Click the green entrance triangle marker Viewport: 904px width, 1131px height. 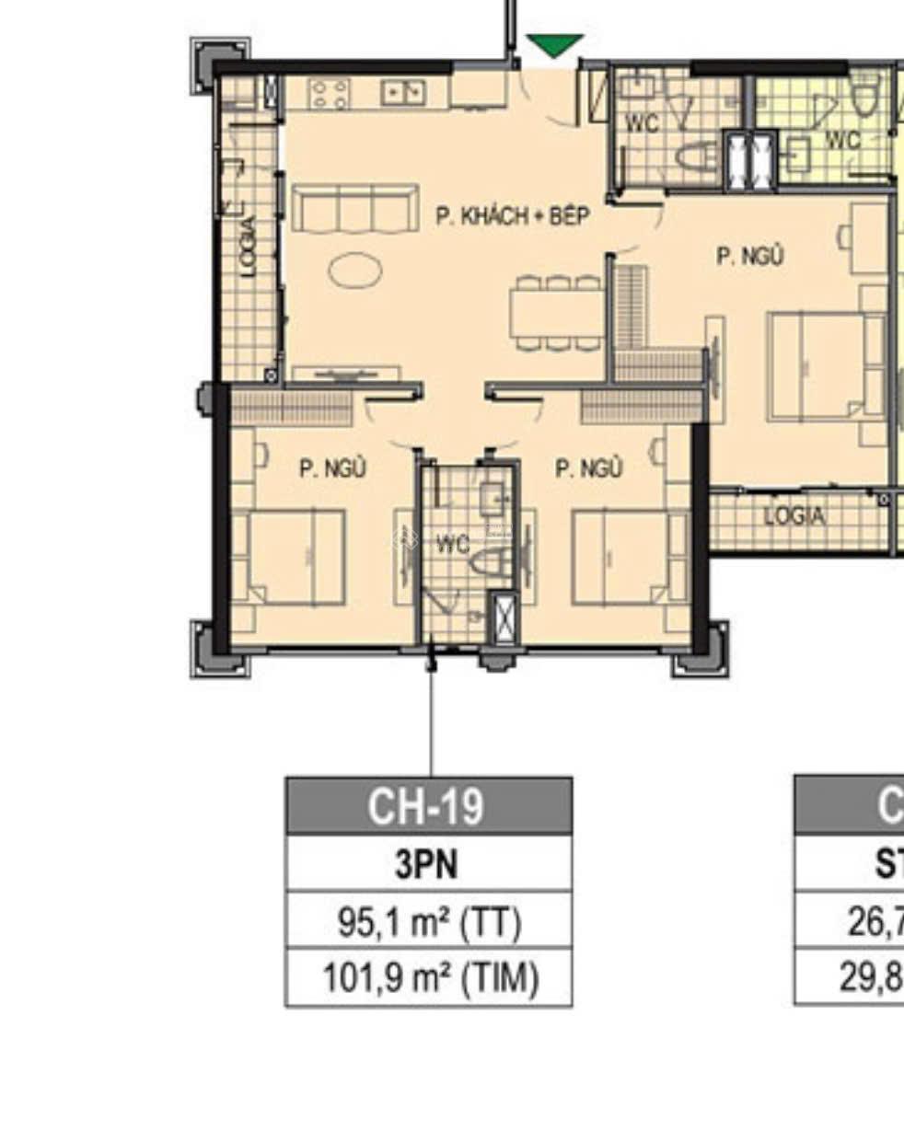[554, 44]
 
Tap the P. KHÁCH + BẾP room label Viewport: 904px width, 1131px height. [512, 216]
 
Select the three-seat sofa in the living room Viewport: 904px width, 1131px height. [354, 209]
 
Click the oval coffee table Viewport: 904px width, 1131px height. [355, 271]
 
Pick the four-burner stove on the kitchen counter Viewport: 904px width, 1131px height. [330, 93]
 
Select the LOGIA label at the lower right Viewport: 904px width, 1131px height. [794, 517]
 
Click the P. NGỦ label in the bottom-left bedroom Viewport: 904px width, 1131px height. [332, 468]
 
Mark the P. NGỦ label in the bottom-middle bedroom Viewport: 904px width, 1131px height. [588, 468]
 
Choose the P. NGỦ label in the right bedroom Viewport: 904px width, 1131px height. [750, 256]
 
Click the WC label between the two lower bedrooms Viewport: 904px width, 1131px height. [452, 544]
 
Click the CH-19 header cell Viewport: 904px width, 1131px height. [428, 806]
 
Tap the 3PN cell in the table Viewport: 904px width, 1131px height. [428, 864]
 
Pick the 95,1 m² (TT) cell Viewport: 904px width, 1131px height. [428, 921]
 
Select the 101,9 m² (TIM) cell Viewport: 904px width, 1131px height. [428, 978]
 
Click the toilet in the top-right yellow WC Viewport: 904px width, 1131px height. [864, 95]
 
